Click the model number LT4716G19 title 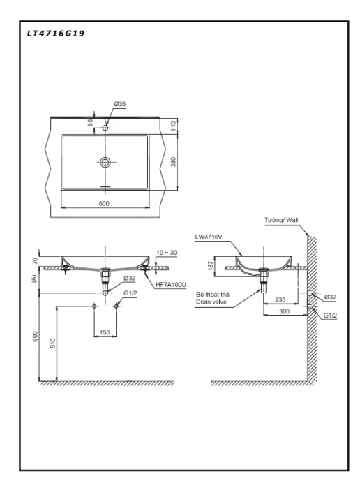[56, 33]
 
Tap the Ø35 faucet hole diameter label [120, 104]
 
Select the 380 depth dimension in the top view [174, 162]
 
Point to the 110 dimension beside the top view [174, 126]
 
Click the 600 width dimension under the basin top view [104, 203]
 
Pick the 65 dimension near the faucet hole [90, 123]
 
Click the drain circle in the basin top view [105, 162]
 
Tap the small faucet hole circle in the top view [105, 128]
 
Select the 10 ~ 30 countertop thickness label [167, 253]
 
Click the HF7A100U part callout [171, 285]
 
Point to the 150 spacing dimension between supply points [105, 332]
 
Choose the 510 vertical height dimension [53, 343]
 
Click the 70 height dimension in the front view [35, 261]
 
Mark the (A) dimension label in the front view [33, 279]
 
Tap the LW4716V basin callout [209, 237]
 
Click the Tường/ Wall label [281, 220]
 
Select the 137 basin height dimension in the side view [211, 266]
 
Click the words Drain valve [211, 302]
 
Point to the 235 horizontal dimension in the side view [280, 299]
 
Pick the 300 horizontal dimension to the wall [284, 311]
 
